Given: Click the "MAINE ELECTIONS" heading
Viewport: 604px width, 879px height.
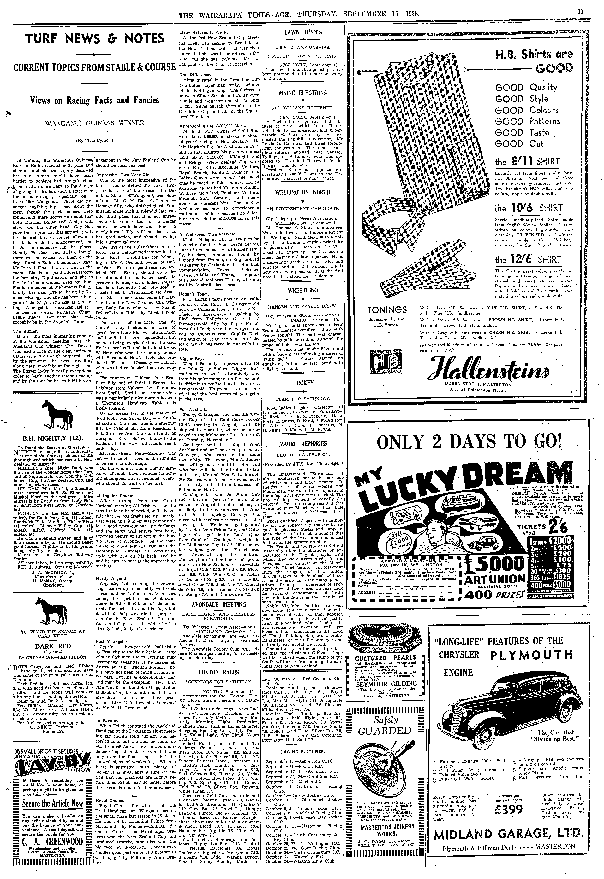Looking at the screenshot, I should click(302, 93).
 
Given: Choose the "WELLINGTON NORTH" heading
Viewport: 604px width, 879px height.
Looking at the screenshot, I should click(302, 192).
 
